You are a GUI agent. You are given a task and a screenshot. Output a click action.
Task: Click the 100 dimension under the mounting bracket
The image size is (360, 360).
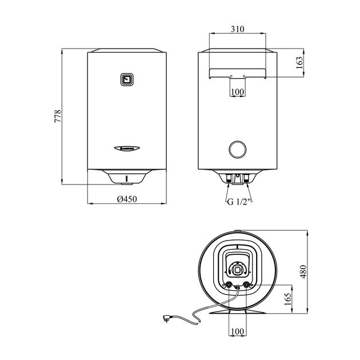coord(238,91)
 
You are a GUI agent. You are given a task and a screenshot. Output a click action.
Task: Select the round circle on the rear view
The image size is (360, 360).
coord(238,150)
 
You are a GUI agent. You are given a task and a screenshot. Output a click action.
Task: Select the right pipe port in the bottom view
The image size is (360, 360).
coord(246,285)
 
